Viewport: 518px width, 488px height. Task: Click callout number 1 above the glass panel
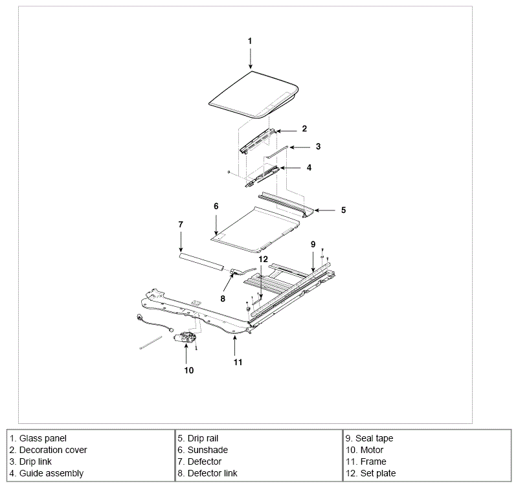[250, 41]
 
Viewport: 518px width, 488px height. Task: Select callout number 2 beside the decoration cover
[304, 128]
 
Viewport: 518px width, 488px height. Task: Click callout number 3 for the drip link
[318, 146]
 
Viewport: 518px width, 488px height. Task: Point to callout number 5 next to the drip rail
[343, 210]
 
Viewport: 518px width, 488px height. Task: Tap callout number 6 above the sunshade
[216, 206]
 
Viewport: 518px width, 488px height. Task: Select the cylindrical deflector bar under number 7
[201, 262]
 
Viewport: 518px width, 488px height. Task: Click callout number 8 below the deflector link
[223, 298]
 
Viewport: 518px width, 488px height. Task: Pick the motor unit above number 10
[186, 338]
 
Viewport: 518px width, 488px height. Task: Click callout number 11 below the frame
[238, 362]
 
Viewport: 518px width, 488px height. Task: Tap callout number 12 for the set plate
[263, 259]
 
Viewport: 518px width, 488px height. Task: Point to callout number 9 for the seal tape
[313, 245]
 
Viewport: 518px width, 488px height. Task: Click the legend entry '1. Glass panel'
[38, 438]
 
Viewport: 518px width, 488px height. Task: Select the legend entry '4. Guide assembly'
[46, 474]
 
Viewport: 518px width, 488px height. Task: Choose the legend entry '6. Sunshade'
[203, 450]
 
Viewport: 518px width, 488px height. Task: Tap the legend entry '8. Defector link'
[207, 474]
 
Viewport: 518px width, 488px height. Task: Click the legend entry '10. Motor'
[365, 450]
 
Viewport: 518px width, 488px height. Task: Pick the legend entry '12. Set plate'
[370, 474]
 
